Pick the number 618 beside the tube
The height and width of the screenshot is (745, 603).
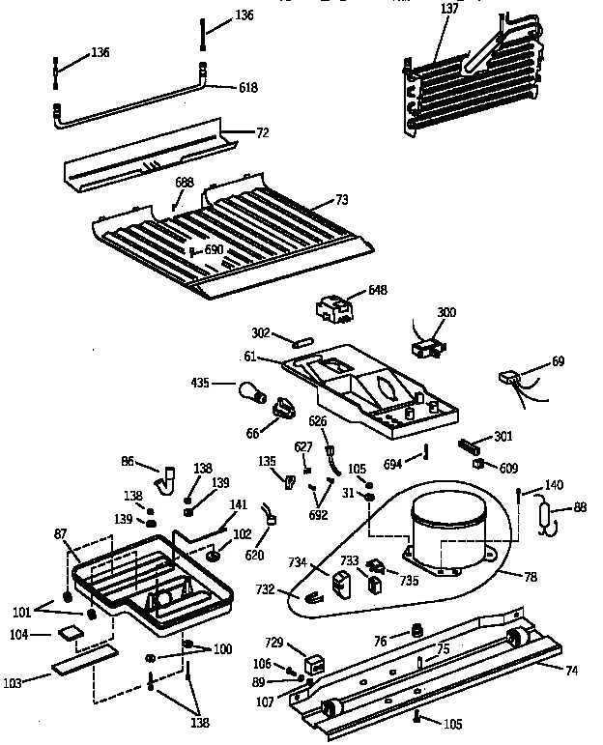[249, 88]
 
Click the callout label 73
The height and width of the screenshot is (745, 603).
[341, 199]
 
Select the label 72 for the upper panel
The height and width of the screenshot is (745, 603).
[262, 131]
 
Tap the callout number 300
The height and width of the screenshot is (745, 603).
[446, 312]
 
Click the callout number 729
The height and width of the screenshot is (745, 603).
[275, 643]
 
